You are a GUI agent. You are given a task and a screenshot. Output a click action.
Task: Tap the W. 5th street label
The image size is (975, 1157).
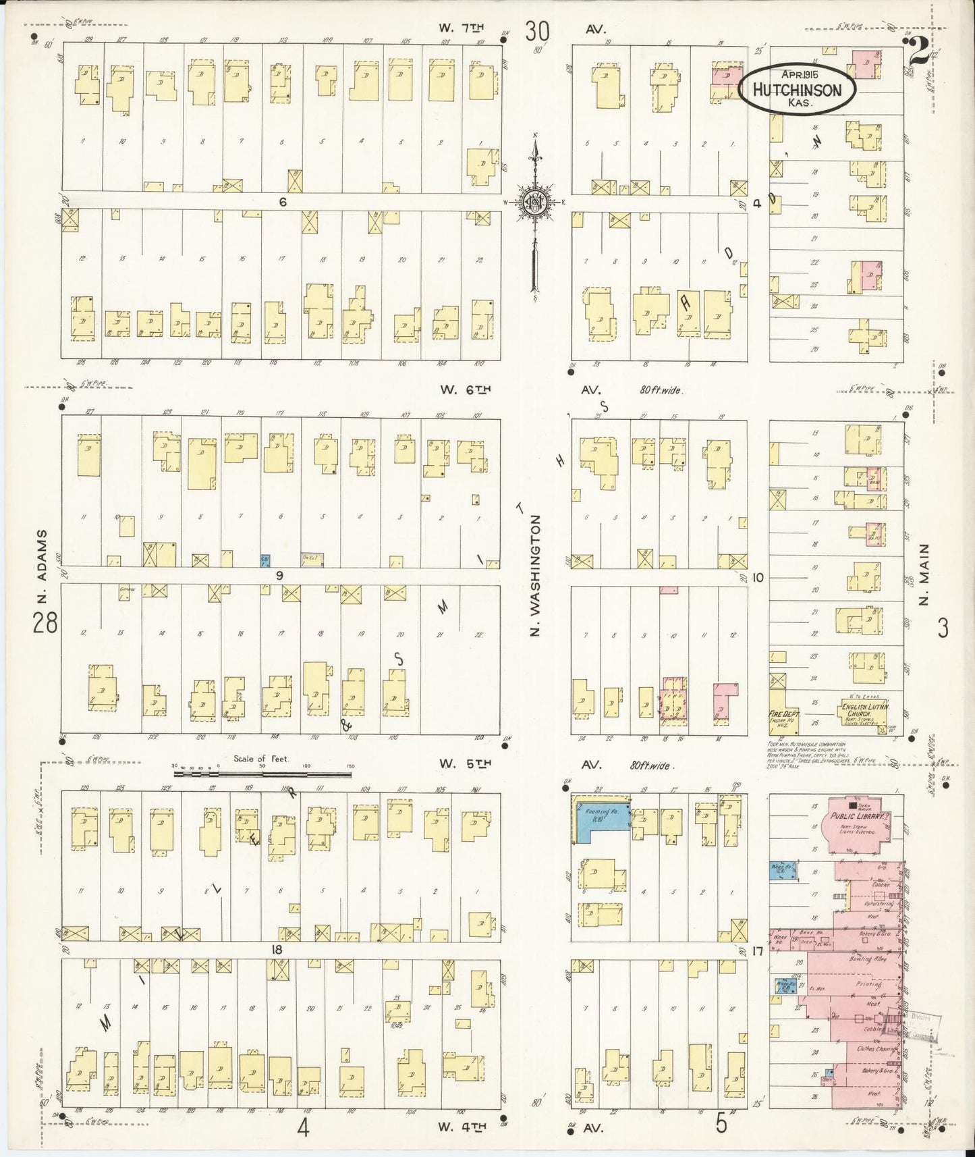[465, 763]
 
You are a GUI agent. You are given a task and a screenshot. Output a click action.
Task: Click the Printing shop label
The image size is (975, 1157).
[868, 984]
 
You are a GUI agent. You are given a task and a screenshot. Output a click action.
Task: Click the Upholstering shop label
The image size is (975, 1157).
[878, 903]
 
